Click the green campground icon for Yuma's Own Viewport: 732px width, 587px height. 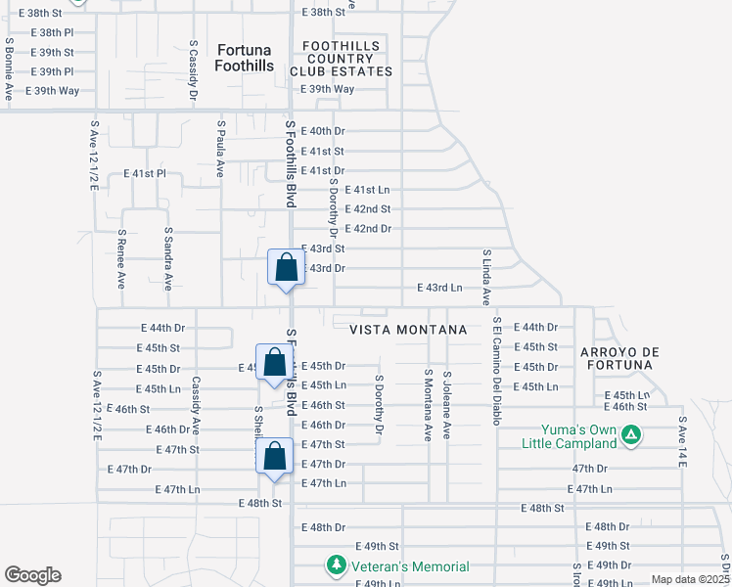coord(632,433)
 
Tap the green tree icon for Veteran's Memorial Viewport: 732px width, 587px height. coord(336,565)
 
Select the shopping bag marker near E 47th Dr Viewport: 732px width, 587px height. coord(275,457)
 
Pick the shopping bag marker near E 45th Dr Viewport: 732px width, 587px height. coord(275,363)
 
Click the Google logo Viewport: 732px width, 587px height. coord(32,575)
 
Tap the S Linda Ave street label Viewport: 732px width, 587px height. coord(485,277)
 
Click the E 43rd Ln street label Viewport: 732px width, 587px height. coord(439,288)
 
